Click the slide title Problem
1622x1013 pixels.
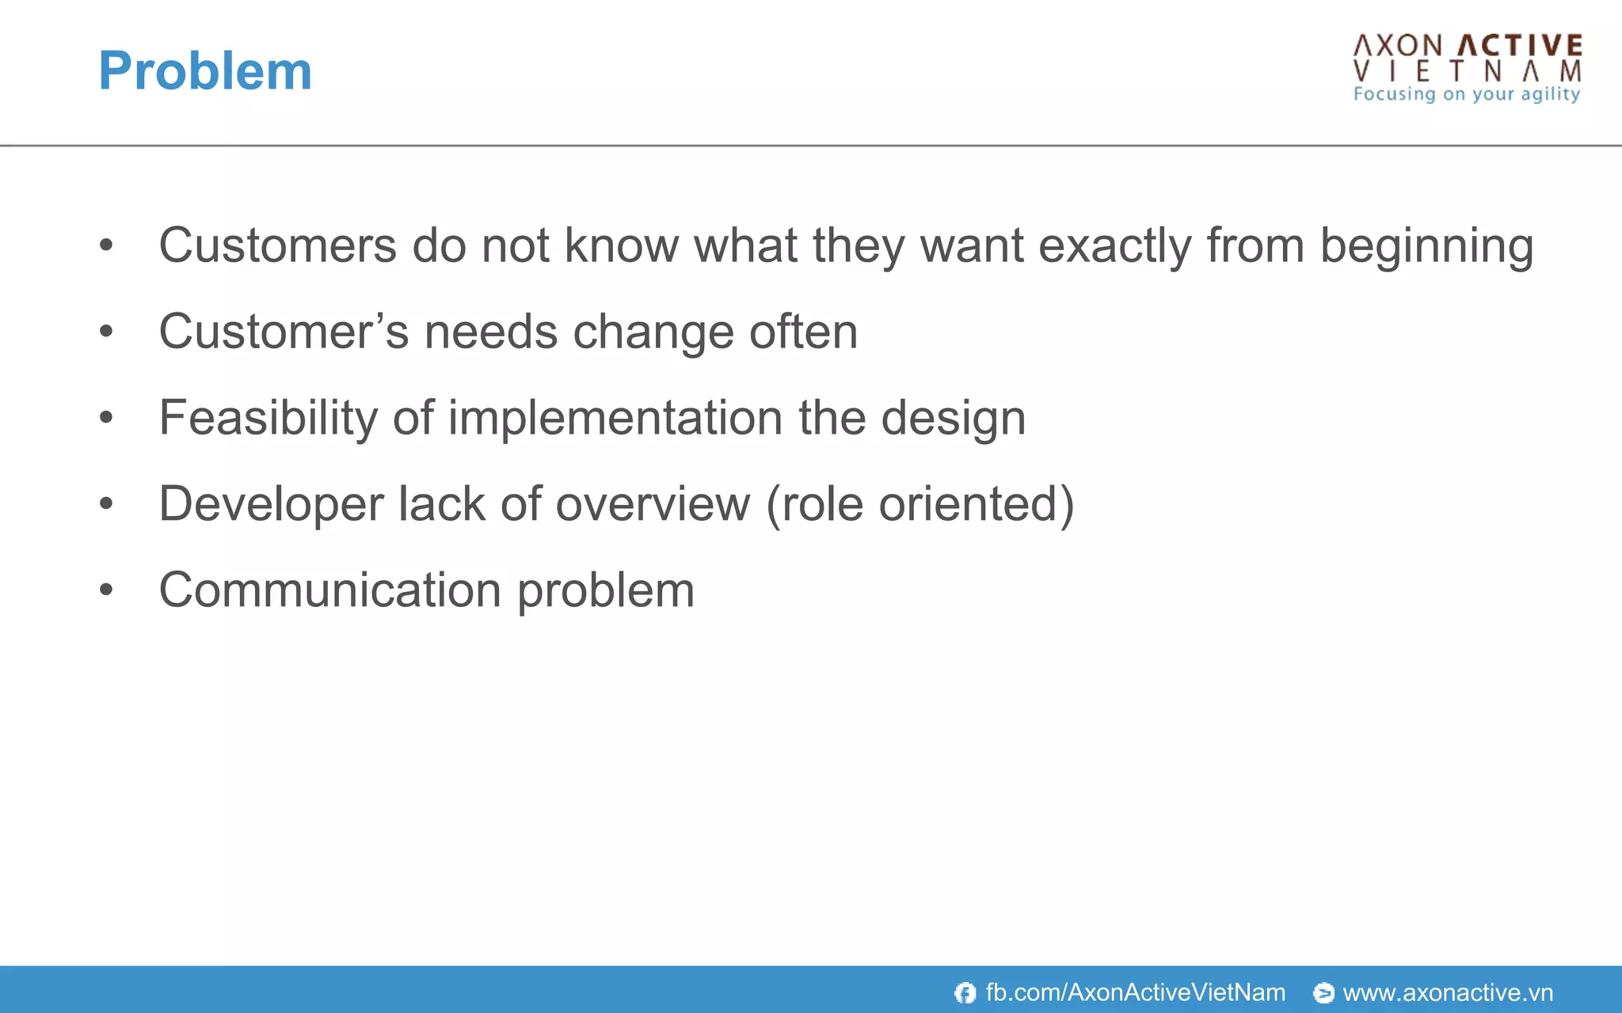[x=205, y=71]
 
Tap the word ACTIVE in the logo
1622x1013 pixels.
[x=1521, y=46]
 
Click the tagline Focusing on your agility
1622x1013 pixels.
[x=1467, y=94]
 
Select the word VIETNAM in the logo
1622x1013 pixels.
[x=1468, y=71]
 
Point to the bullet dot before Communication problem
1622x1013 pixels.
[x=107, y=590]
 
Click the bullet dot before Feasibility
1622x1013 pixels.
[x=107, y=417]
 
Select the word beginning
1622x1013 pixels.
[x=1426, y=245]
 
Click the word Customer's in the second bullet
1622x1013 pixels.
[x=284, y=332]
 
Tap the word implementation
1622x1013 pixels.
[x=615, y=417]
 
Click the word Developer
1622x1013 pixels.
[x=271, y=503]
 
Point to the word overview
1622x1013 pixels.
[x=653, y=503]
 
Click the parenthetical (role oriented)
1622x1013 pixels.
[x=920, y=503]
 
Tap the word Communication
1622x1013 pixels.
[x=330, y=590]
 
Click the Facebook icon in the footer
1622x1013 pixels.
[x=965, y=992]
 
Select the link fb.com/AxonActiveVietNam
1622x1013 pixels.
[x=1135, y=992]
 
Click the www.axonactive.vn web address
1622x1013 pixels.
[x=1448, y=992]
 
